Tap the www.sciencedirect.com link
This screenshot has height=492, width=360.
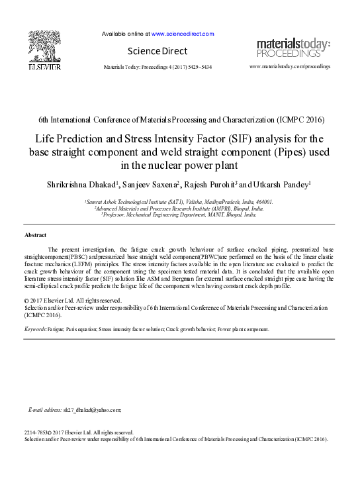(x=183, y=34)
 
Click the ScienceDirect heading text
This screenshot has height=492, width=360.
(x=157, y=51)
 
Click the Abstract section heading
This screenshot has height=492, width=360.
(x=35, y=235)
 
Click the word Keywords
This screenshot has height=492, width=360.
(x=35, y=329)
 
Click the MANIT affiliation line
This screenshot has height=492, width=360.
(x=179, y=215)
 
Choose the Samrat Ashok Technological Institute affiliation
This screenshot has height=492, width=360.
(x=179, y=201)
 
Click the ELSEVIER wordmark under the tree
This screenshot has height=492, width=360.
(x=44, y=67)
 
